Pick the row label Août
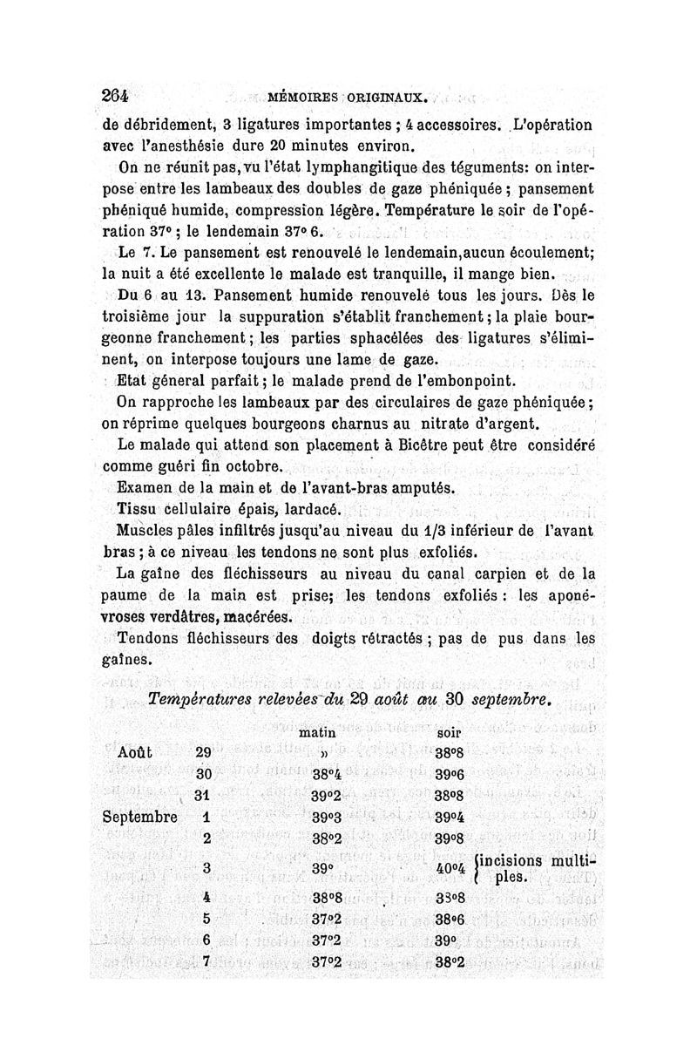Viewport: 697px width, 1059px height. [x=135, y=751]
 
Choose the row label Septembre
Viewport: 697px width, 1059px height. [x=139, y=818]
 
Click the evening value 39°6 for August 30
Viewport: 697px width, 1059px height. [x=451, y=773]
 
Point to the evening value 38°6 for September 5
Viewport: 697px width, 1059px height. [x=451, y=919]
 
